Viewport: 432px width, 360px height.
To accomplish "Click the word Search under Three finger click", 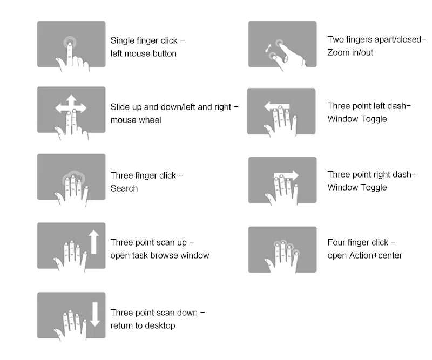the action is click(124, 188).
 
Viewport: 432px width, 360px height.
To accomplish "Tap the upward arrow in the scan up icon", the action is click(94, 242).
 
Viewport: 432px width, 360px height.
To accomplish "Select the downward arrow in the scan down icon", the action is click(95, 314).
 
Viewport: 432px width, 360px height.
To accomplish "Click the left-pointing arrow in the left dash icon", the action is click(277, 106).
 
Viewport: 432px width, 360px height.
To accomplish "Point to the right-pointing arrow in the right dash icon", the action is click(286, 175).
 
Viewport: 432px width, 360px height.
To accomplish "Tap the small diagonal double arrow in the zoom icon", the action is click(268, 49).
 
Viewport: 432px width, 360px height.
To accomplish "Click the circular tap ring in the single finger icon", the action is click(70, 43).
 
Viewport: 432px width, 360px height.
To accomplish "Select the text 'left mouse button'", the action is click(143, 53).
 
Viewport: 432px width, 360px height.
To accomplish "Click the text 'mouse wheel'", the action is click(136, 120).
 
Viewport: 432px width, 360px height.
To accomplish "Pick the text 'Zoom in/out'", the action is click(350, 52).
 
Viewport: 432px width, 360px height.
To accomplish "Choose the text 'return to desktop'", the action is click(143, 325).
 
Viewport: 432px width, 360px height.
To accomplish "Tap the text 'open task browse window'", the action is click(160, 255).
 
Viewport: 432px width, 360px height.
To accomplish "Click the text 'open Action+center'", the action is click(365, 255).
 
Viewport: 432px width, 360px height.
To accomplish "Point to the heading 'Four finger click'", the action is click(358, 242).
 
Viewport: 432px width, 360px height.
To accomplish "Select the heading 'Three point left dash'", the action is click(367, 106).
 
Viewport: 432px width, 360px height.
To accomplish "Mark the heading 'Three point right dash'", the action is click(369, 174).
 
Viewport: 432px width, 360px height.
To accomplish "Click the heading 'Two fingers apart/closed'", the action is click(374, 39).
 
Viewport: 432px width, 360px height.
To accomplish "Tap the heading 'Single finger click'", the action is click(144, 40).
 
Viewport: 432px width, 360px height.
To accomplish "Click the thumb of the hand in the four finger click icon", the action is click(269, 263).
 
